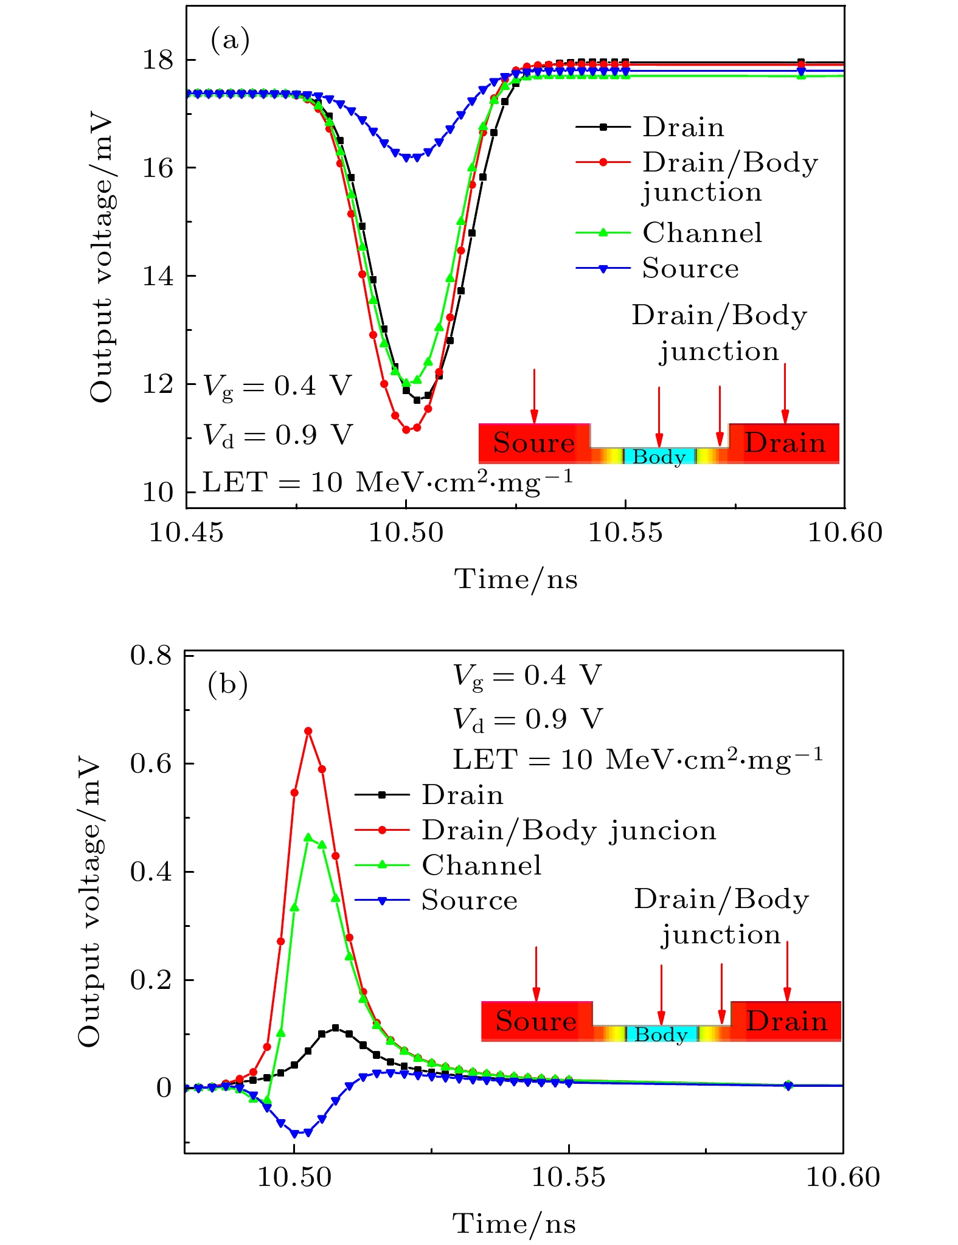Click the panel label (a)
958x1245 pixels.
[x=230, y=41]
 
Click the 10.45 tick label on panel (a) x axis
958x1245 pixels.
[x=186, y=533]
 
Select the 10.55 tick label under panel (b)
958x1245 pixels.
[x=569, y=1177]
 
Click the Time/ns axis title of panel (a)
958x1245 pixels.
[x=516, y=578]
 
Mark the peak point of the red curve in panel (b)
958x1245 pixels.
[x=308, y=731]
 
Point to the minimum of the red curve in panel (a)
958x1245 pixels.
[x=406, y=430]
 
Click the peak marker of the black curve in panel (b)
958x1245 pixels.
[x=335, y=1028]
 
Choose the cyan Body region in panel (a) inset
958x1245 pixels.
[x=659, y=456]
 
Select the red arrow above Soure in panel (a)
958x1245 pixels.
[x=534, y=395]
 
